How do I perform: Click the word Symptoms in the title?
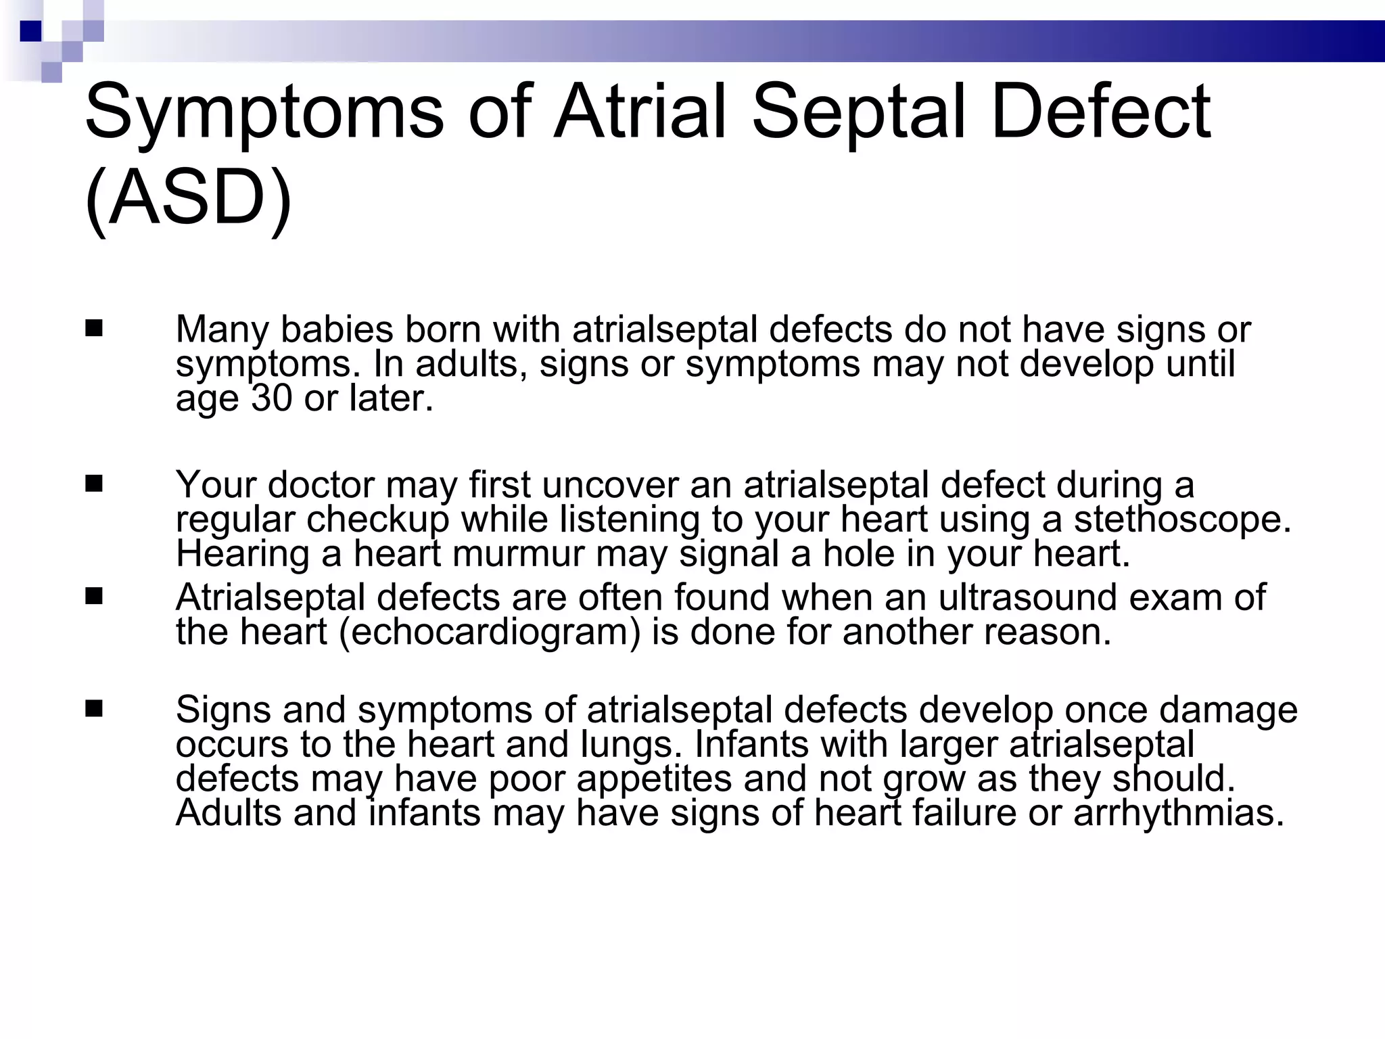pos(264,112)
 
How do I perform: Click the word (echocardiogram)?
pos(489,632)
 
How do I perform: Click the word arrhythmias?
pos(1179,812)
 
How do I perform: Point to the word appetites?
pos(654,779)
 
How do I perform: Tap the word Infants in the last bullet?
pos(751,744)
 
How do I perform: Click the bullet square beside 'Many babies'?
pos(94,329)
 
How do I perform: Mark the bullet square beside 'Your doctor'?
pos(94,484)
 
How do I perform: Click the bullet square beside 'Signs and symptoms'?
pos(94,709)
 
